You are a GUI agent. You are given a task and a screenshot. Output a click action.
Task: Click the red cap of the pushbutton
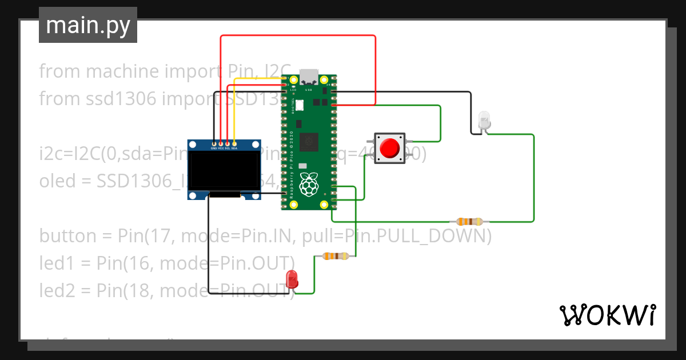(x=390, y=148)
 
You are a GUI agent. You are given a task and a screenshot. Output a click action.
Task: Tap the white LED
(x=484, y=119)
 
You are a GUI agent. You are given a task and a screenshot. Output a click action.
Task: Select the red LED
(x=292, y=279)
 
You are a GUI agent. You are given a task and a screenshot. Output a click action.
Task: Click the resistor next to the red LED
(x=336, y=257)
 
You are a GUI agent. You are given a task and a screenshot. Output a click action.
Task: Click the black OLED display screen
(x=224, y=171)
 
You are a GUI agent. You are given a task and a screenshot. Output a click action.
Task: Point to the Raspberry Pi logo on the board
(x=309, y=184)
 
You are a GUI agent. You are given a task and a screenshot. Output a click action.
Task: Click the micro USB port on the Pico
(x=309, y=76)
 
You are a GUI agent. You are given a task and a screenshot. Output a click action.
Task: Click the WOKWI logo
(x=607, y=315)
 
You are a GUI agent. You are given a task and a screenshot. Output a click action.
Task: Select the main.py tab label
(x=88, y=26)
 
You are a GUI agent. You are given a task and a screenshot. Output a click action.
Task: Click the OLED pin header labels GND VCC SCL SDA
(x=224, y=148)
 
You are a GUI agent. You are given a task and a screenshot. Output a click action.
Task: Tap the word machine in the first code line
(x=121, y=71)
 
